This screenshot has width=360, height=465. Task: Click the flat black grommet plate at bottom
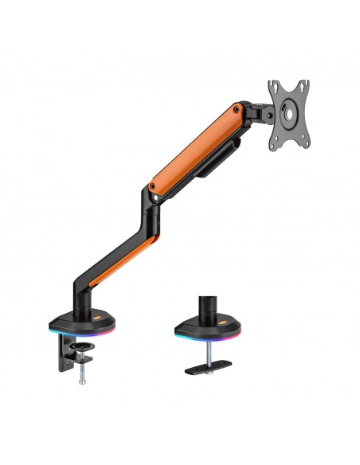coord(209,369)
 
